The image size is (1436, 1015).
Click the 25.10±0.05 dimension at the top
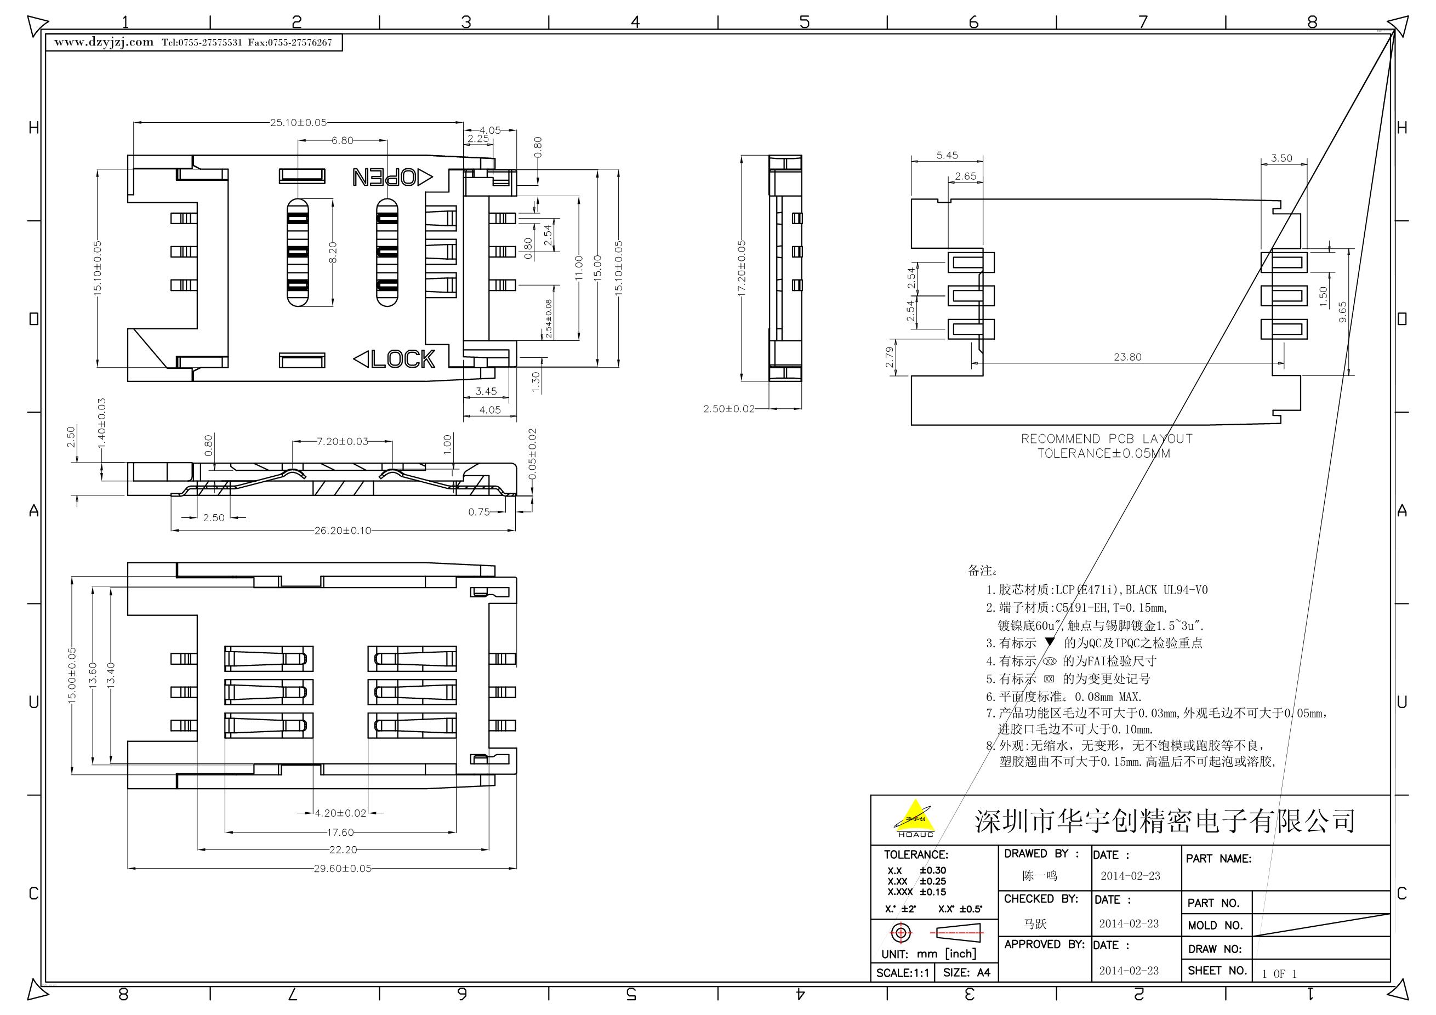(298, 123)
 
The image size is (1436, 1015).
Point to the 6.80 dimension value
(342, 141)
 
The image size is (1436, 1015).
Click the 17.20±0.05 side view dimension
(742, 269)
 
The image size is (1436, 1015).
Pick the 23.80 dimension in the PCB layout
(1127, 357)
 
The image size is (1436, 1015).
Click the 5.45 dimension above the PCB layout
(947, 155)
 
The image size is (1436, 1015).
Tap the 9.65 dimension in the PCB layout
(1342, 312)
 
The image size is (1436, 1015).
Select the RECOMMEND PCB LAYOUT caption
(1107, 439)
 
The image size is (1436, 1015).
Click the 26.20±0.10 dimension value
(343, 531)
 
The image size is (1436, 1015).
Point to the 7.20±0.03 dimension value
(342, 442)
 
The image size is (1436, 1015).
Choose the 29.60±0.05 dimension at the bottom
(343, 869)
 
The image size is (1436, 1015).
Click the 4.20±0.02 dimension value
(340, 813)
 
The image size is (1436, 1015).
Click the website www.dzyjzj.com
(104, 42)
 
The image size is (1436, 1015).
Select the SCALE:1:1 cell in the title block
(903, 972)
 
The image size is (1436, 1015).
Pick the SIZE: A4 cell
(966, 972)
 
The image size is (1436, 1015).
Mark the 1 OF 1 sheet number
(1279, 974)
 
